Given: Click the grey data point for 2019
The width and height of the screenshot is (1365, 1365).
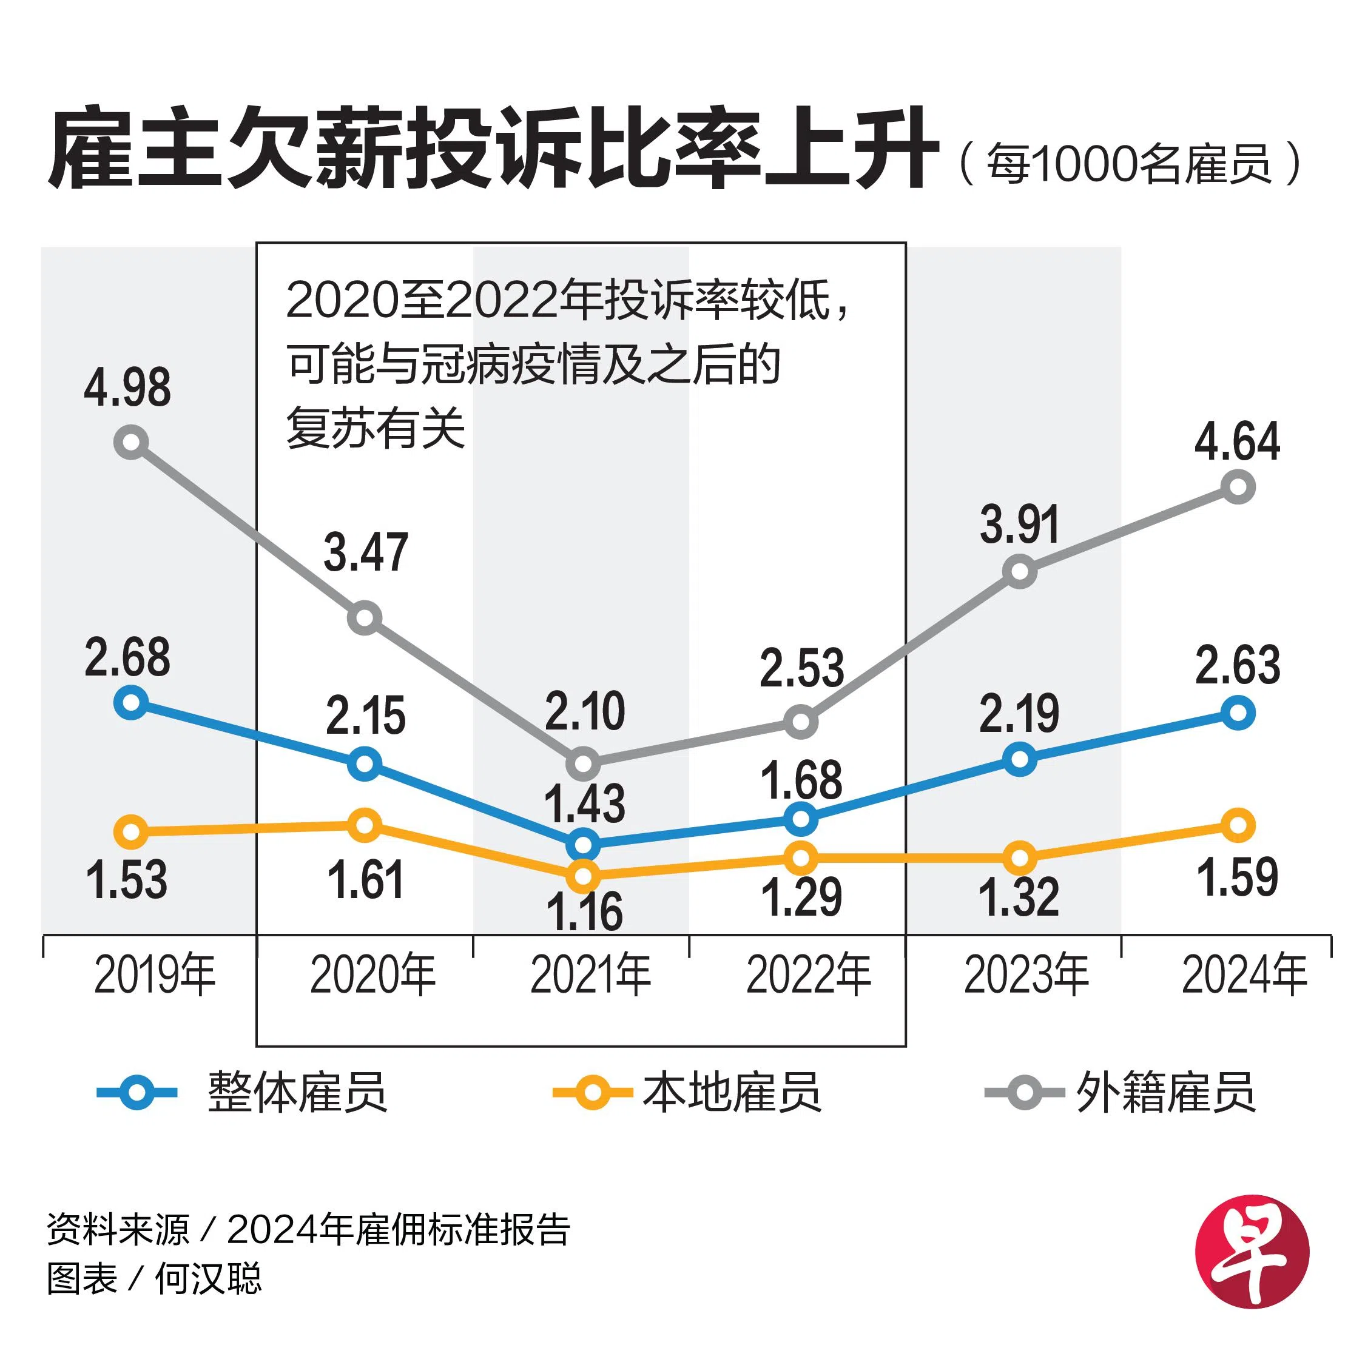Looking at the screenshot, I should [131, 442].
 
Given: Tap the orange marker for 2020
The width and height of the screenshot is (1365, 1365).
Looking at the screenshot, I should [365, 825].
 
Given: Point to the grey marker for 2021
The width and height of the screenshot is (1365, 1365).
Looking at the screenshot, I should [583, 763].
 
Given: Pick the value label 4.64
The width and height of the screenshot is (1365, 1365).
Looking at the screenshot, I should [1237, 441].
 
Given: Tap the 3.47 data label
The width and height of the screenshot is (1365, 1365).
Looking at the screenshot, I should [365, 552].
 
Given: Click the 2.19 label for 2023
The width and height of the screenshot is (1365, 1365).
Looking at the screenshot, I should [1019, 714].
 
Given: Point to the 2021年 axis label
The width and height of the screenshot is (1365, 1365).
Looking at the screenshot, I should [591, 975].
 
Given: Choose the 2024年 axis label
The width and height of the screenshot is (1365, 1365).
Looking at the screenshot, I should [1244, 975].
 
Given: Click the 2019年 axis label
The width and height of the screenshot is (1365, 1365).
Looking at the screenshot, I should [155, 975].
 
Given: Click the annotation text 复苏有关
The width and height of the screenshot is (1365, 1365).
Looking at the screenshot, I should [376, 428].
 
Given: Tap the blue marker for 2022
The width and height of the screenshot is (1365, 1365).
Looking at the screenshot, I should [801, 819].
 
